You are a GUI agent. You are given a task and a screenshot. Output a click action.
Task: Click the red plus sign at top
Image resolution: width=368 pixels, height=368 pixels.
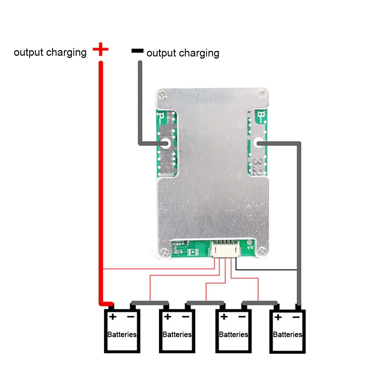pos(100,49)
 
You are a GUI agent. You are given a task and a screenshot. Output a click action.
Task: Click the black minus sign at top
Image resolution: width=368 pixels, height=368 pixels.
pos(137,51)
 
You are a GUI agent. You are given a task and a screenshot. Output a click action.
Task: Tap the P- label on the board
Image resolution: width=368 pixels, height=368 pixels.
pos(161,117)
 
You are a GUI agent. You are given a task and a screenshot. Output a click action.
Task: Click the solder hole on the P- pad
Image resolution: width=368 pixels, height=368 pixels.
pos(165,143)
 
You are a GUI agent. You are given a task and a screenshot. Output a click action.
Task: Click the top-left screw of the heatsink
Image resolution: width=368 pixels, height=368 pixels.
pos(161,95)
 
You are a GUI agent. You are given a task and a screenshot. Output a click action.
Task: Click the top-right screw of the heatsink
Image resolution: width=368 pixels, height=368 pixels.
pos(261,94)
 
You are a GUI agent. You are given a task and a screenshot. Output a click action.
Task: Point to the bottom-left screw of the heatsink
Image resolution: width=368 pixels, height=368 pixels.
pos(163,252)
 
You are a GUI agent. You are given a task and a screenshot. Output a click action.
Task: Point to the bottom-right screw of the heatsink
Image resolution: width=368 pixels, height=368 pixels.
pos(262,251)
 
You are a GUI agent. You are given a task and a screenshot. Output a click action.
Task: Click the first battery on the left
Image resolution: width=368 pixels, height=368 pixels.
pos(122,331)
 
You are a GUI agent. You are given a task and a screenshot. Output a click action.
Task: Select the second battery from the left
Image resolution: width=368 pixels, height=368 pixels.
pos(177,331)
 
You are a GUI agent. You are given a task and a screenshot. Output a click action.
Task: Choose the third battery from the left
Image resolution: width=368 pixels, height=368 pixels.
pos(233,331)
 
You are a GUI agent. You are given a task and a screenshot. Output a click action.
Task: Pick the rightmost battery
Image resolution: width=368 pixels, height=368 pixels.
pos(287,331)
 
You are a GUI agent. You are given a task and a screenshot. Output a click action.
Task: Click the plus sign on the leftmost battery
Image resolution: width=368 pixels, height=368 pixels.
pos(112,316)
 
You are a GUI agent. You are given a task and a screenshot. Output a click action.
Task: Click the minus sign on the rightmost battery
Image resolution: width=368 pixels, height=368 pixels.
pos(296,317)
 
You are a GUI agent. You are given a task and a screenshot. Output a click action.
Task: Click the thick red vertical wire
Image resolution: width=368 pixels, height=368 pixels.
pos(101,177)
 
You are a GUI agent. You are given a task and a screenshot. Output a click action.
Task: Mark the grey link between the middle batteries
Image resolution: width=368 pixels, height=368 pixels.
pos(205,303)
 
